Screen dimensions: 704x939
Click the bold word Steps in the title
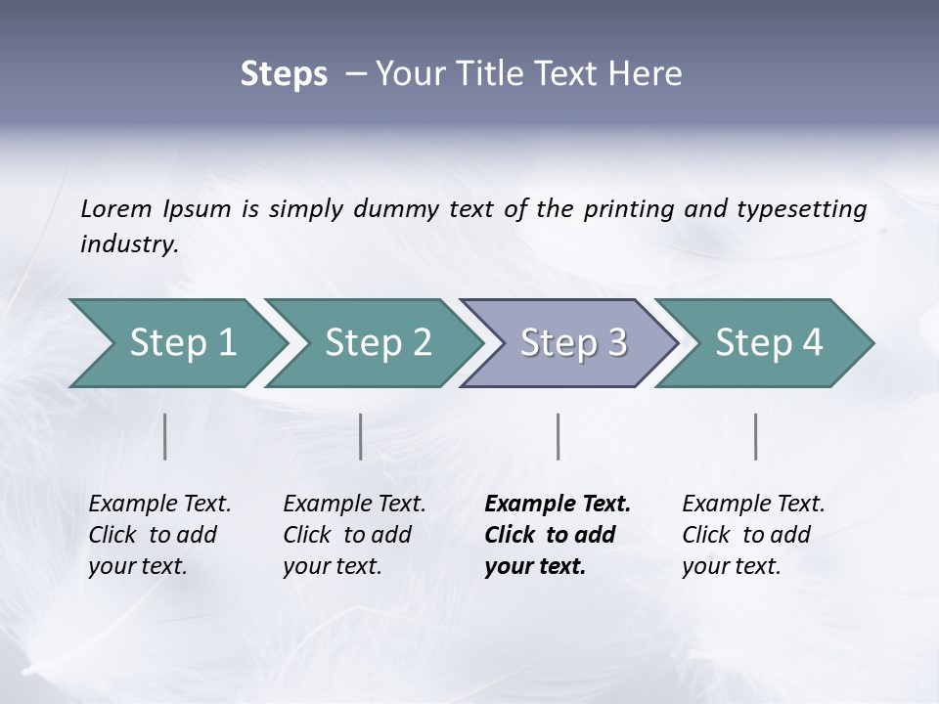(284, 74)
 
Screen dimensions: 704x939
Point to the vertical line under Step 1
(165, 436)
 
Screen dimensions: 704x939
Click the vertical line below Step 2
(361, 436)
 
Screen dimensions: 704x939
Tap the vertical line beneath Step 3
(558, 436)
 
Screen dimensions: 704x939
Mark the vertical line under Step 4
(756, 436)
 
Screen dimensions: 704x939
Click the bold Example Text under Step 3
(558, 505)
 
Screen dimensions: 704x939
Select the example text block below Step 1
(159, 535)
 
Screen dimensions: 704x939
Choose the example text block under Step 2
(354, 535)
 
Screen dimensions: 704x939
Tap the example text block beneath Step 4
(753, 535)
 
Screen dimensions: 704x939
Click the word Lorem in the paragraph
(115, 209)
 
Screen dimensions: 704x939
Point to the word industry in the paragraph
(129, 244)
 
